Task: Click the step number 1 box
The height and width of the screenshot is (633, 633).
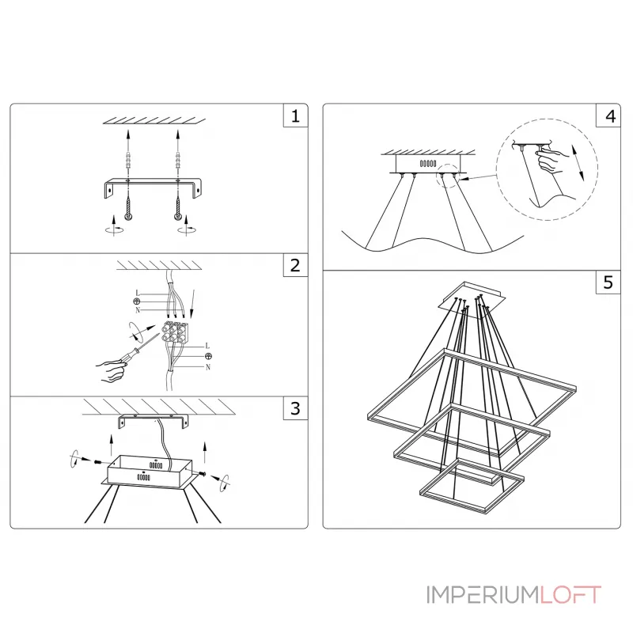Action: [295, 116]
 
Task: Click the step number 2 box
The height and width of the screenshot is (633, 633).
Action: [295, 265]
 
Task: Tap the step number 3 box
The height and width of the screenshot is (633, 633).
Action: [295, 408]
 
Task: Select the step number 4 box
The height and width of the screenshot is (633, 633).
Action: [608, 116]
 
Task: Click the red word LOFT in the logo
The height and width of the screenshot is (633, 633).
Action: [570, 593]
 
